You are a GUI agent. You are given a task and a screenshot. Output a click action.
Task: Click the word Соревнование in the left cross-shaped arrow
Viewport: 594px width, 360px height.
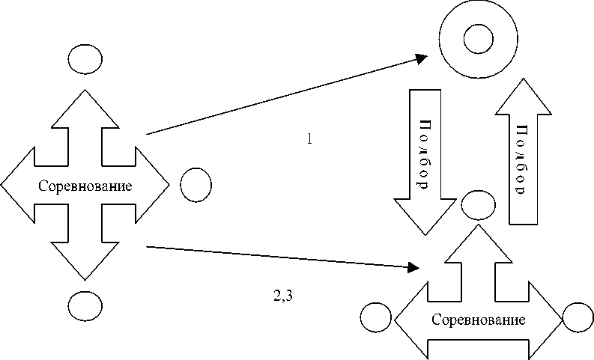tap(85, 186)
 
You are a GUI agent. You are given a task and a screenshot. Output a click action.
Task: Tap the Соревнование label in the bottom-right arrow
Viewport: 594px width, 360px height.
tap(479, 320)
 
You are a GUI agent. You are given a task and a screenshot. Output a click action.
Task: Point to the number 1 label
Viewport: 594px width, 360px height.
tap(309, 138)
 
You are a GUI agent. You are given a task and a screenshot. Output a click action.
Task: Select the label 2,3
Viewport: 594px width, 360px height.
tap(282, 294)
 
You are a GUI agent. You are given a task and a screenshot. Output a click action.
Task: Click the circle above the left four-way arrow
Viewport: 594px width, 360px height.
tap(85, 58)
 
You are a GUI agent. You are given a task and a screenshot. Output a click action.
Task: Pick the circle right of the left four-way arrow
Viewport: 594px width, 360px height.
tap(196, 184)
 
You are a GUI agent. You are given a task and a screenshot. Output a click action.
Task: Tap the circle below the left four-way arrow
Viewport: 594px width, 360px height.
tap(85, 305)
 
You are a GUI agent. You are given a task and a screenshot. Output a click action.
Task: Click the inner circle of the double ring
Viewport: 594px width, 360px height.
tap(478, 37)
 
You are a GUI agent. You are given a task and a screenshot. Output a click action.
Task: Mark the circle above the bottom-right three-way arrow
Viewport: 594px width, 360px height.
tap(478, 203)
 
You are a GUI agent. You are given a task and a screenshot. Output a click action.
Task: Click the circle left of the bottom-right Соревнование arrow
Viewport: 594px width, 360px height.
tap(375, 318)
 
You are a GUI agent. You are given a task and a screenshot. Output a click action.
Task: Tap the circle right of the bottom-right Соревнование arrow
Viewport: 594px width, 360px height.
tap(578, 318)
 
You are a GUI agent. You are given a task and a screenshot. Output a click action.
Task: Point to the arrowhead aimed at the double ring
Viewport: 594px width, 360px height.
tap(422, 58)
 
